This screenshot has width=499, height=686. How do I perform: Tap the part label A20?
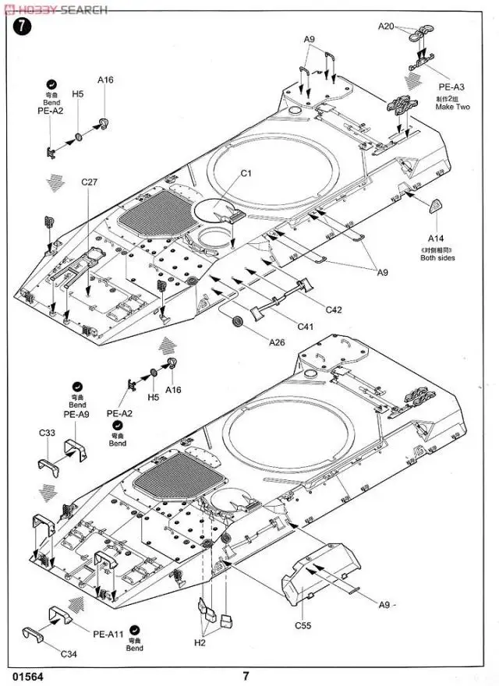coord(387,27)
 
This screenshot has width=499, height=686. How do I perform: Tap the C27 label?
coord(89,182)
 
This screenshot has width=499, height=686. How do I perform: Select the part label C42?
coord(334,309)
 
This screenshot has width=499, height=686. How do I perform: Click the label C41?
coord(305,326)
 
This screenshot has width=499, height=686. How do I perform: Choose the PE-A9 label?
coord(77,415)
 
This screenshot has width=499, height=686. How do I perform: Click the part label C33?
coord(48,433)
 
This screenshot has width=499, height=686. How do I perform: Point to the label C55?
coord(303,625)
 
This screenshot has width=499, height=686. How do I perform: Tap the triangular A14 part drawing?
coord(435,207)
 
